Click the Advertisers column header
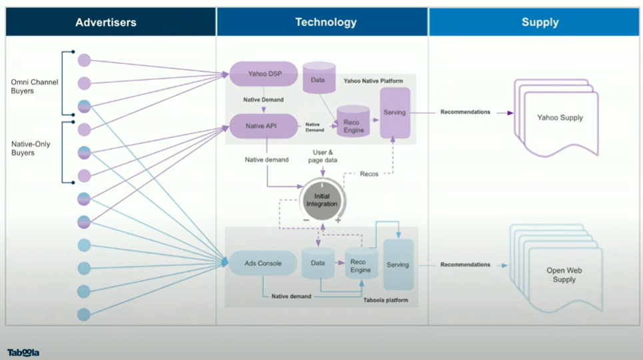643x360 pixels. [x=106, y=23]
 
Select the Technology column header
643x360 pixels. [x=326, y=23]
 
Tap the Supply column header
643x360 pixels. [x=540, y=23]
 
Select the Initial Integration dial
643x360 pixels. [x=322, y=199]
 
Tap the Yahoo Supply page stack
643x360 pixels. [x=560, y=118]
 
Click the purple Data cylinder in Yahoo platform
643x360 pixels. [x=319, y=79]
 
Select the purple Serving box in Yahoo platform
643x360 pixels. [x=394, y=113]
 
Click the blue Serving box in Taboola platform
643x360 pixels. [x=398, y=265]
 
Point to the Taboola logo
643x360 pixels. [x=23, y=352]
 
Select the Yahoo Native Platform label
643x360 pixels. [x=373, y=81]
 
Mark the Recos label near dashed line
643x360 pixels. [x=369, y=173]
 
